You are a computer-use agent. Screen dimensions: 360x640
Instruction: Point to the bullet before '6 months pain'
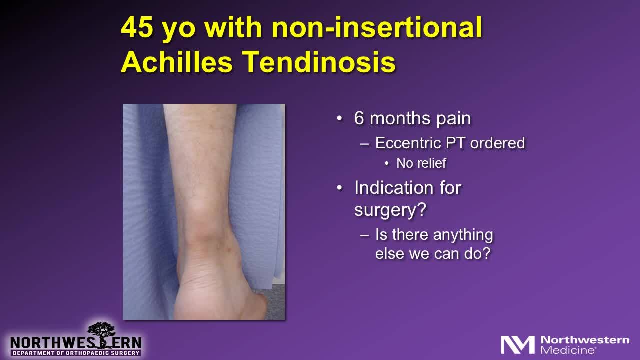(340, 119)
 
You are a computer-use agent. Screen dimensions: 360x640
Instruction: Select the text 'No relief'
(421, 163)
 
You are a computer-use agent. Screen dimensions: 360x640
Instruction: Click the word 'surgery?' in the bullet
(390, 210)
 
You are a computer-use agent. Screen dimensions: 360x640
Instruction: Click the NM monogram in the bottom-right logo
(518, 345)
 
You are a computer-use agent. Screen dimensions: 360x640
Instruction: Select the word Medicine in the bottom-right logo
(568, 349)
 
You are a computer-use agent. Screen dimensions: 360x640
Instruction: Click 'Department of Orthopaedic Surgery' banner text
(76, 353)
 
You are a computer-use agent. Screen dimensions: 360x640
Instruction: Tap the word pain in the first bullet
(453, 119)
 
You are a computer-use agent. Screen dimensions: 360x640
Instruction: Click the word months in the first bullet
(403, 119)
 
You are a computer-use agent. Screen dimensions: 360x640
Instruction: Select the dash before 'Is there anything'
(365, 235)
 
